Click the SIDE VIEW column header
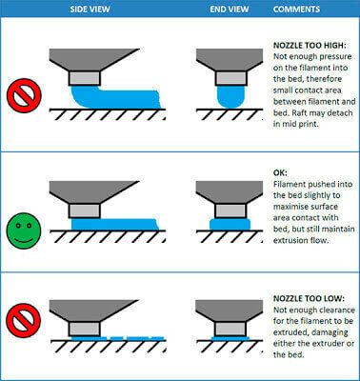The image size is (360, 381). click(x=90, y=9)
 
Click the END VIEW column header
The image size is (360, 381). click(x=230, y=9)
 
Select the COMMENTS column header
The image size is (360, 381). click(x=296, y=9)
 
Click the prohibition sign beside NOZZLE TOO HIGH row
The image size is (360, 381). click(x=24, y=95)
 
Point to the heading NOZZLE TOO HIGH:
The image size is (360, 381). click(x=310, y=46)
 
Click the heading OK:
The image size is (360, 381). click(x=280, y=172)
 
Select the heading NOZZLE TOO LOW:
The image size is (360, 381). click(x=309, y=298)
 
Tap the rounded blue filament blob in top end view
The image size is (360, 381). click(x=230, y=96)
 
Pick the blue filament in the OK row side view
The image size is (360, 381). click(x=114, y=224)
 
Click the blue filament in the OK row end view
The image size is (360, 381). click(x=230, y=224)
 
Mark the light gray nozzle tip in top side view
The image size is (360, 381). click(x=85, y=78)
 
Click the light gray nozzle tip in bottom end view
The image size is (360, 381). click(x=230, y=329)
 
